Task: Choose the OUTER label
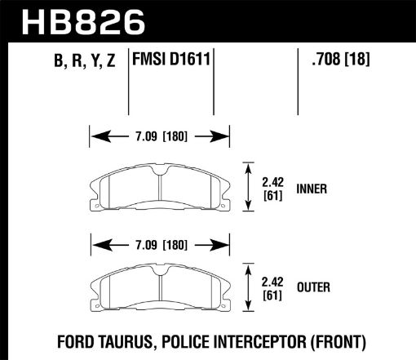click(x=312, y=287)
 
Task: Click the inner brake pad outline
click(x=159, y=189)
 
